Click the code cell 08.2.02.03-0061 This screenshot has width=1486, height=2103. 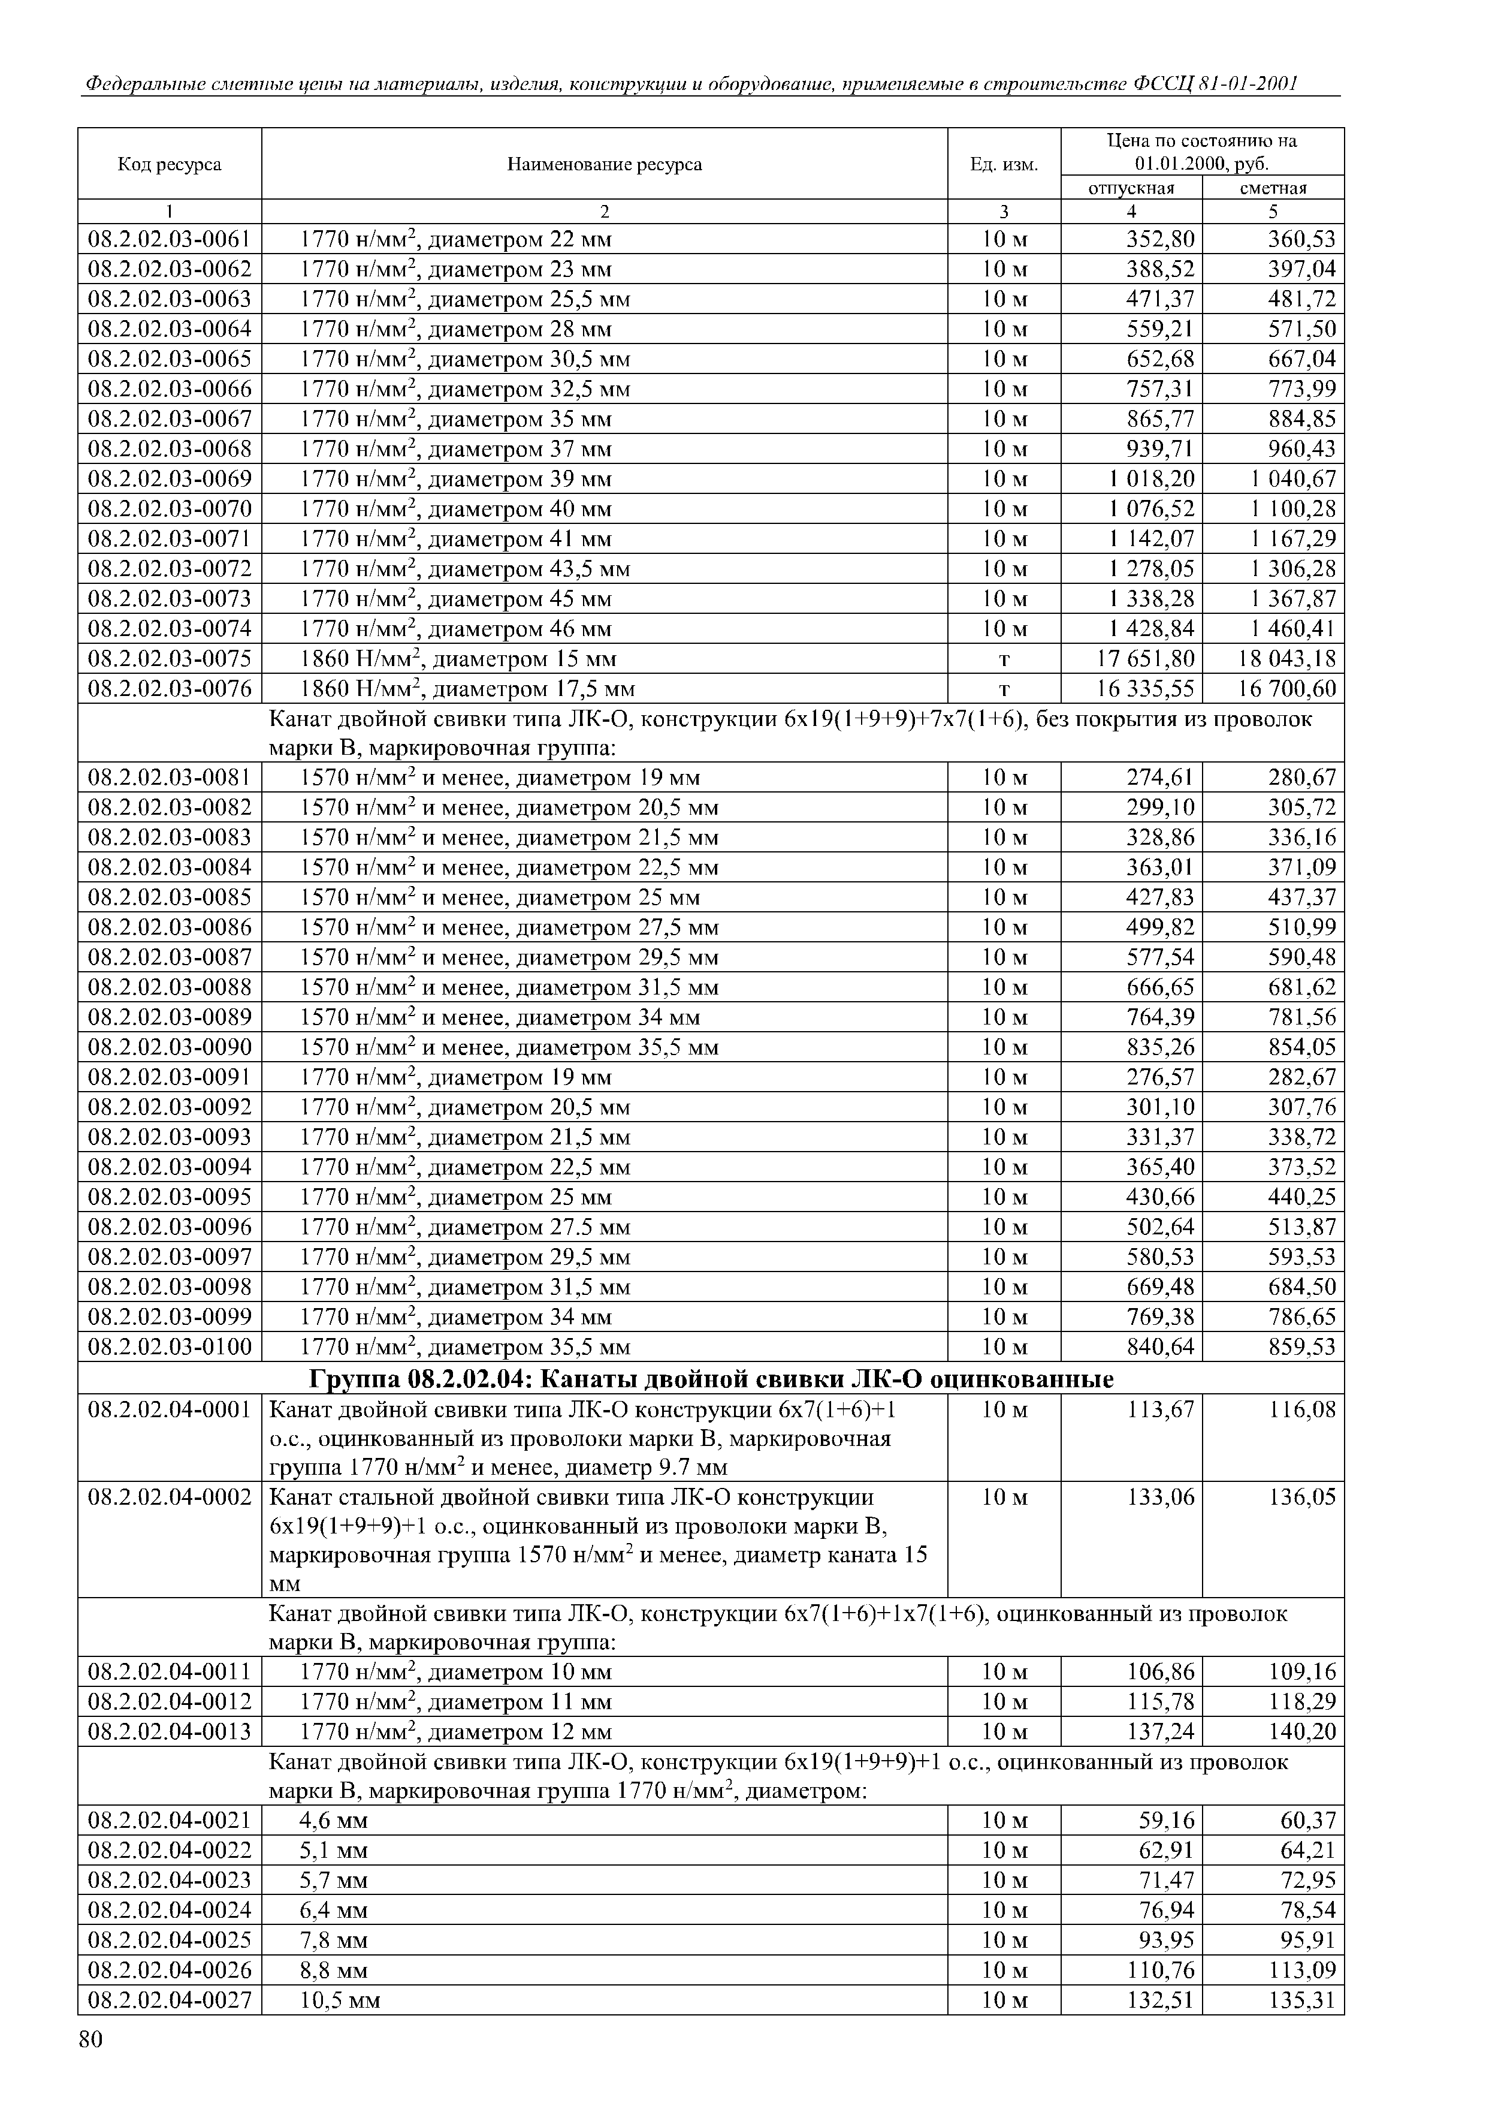170,240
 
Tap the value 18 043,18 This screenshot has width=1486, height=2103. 1286,659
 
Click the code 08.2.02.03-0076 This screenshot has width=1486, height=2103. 170,689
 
